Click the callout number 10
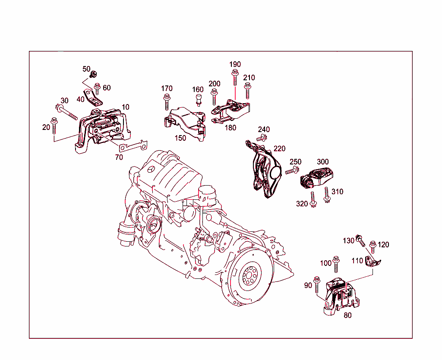point(125,107)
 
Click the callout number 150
point(180,138)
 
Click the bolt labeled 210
point(248,90)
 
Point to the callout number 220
point(279,149)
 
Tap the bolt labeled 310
point(327,195)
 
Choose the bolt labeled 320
point(314,199)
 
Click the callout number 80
point(347,315)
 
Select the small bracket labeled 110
point(372,262)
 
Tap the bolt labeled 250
point(290,172)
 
